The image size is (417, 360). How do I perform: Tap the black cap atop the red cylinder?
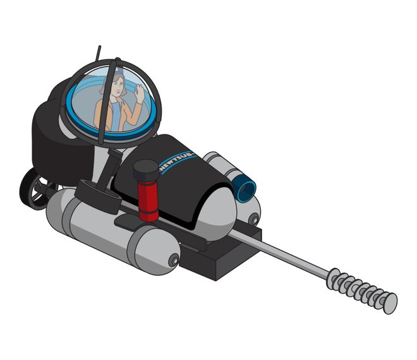(x=147, y=169)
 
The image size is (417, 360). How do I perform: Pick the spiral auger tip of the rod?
(x=362, y=291)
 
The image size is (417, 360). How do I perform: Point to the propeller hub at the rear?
(x=40, y=188)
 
